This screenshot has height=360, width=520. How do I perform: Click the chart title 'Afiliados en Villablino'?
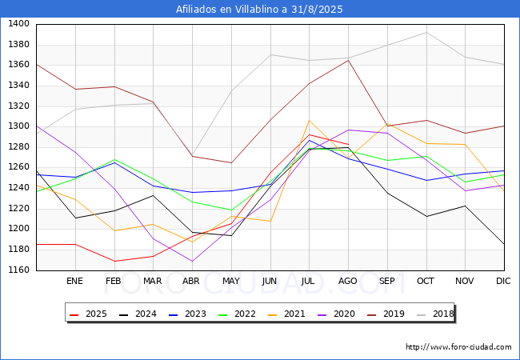click(259, 10)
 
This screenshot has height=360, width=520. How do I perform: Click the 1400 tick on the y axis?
click(18, 24)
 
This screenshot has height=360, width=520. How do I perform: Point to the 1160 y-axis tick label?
click(18, 270)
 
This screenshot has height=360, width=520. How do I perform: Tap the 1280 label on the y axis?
click(18, 147)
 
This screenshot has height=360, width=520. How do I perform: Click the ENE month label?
click(74, 281)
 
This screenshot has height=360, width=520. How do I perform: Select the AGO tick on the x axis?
click(348, 281)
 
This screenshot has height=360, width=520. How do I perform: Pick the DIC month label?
click(503, 281)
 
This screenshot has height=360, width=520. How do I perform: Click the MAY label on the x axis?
click(230, 281)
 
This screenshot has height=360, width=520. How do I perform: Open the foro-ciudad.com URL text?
click(458, 347)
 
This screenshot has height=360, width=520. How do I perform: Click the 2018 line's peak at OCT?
click(426, 32)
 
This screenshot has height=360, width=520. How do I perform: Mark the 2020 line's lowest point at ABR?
click(192, 261)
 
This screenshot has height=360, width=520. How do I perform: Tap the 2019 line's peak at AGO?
click(348, 60)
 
